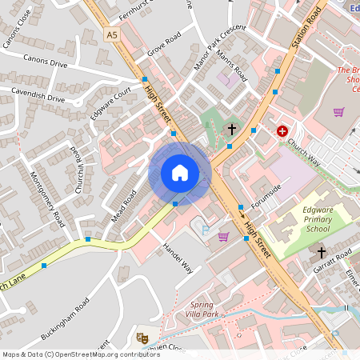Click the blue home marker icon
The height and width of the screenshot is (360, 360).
coord(180,173)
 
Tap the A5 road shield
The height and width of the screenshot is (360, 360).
coord(111,34)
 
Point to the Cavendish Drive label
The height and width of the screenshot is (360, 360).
coord(38,97)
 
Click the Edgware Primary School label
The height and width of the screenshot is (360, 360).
coord(306,219)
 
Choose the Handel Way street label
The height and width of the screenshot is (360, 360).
coord(177,257)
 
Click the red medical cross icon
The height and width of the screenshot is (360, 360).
coord(282,130)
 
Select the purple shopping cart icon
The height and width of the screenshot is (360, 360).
coord(223,236)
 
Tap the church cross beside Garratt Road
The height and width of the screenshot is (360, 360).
coord(321,274)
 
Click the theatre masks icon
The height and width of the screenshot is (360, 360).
coord(142,338)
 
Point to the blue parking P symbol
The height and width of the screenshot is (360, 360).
coord(205,230)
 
